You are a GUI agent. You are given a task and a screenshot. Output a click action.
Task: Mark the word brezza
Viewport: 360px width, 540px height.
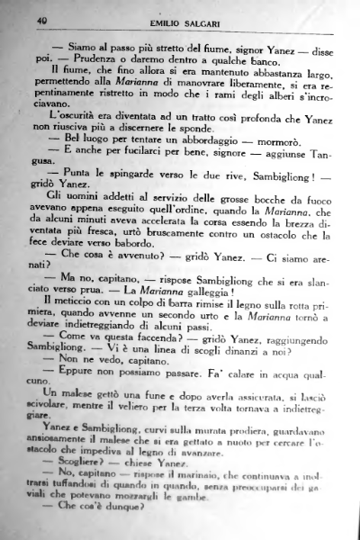pos(291,231)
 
